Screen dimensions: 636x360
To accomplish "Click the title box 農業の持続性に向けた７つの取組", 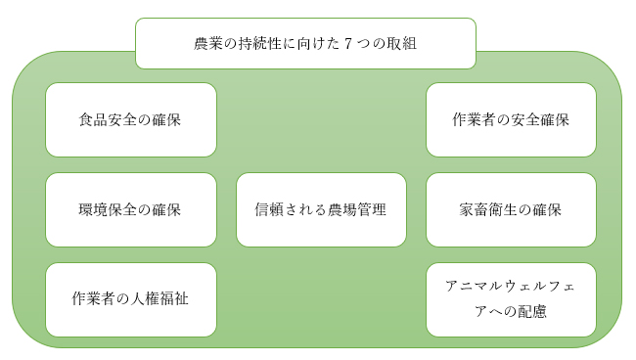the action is pos(305,44).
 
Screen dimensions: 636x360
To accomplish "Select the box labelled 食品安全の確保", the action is pos(130,119).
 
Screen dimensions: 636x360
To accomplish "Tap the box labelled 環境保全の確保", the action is pos(130,209).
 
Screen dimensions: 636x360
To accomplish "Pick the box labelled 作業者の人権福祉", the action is pos(130,299).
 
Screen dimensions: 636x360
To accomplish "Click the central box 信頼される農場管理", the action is pos(321,209).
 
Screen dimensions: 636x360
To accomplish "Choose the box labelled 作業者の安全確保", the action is pos(511,119).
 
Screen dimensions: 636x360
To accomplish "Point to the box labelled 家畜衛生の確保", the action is pos(511,209).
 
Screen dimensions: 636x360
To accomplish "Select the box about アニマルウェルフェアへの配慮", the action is pos(511,299).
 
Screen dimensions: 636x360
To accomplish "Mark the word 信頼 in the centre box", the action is pos(269,210).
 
